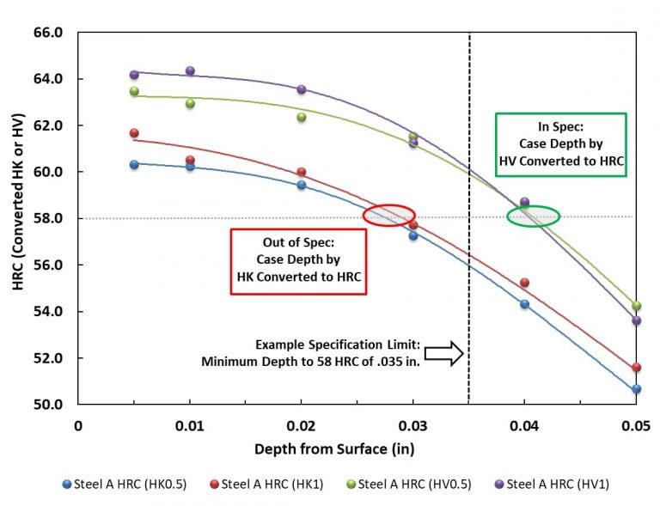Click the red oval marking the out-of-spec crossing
coord(389,215)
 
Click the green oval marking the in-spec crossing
coord(533,216)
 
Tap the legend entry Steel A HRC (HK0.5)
coord(125,484)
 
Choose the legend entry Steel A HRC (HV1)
coord(551,484)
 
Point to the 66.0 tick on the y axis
coord(48,33)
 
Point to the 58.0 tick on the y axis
coord(48,218)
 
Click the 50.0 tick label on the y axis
coord(48,404)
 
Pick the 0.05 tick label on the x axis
coord(635,425)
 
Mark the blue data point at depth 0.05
coord(636,389)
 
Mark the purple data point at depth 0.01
coord(190,71)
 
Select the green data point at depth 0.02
coord(302,117)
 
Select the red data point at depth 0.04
coord(524,283)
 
